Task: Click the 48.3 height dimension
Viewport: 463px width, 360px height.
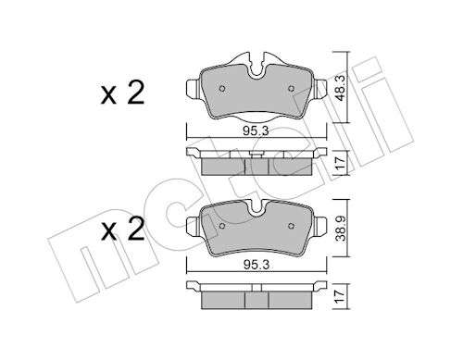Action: pos(341,88)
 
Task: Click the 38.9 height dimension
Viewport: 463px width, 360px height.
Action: pos(341,228)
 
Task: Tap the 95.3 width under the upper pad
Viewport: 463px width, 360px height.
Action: pos(256,131)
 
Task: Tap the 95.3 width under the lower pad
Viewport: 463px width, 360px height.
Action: pos(257,265)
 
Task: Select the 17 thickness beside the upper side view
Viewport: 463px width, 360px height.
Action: pos(341,163)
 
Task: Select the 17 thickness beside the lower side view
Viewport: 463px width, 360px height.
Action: pos(341,296)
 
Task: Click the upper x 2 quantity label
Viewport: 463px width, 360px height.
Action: pos(122,93)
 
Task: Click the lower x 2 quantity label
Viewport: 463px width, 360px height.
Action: pos(122,230)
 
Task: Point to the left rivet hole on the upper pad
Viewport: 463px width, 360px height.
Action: pos(222,89)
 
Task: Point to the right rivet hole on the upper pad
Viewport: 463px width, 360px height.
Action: pos(291,89)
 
